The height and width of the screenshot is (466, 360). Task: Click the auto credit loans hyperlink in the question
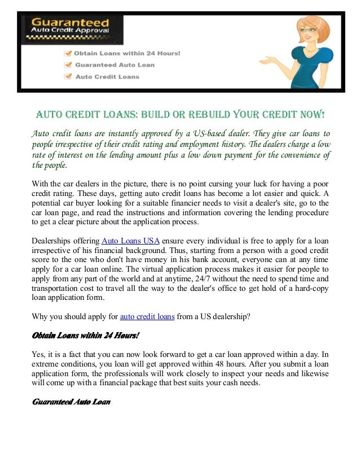[147, 317]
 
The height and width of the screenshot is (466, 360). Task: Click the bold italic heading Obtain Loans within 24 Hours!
[85, 336]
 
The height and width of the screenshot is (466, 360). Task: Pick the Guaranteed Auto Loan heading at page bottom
[71, 402]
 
